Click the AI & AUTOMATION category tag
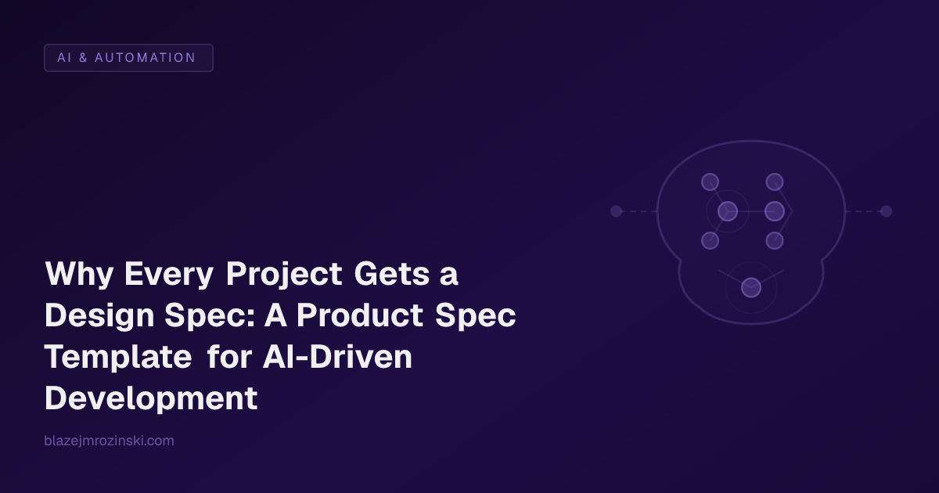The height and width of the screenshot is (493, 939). pyautogui.click(x=128, y=58)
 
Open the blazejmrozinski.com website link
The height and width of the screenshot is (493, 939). pyautogui.click(x=110, y=441)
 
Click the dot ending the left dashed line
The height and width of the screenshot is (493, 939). pyautogui.click(x=616, y=211)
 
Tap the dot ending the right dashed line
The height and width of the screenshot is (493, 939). pyautogui.click(x=886, y=211)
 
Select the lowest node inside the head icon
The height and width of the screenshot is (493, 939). pyautogui.click(x=751, y=288)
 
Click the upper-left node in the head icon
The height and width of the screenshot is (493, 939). pyautogui.click(x=710, y=182)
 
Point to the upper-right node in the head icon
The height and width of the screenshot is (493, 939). pyautogui.click(x=775, y=182)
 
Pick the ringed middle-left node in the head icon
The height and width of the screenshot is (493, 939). pyautogui.click(x=728, y=211)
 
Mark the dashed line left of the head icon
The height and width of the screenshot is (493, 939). pyautogui.click(x=639, y=211)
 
